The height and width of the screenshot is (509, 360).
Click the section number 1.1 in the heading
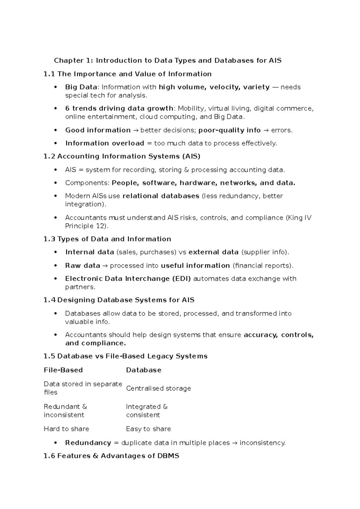pos(49,74)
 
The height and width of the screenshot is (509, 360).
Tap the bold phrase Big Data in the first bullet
pos(81,87)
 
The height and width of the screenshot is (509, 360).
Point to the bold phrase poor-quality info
pos(229,130)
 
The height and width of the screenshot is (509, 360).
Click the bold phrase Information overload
pos(105,143)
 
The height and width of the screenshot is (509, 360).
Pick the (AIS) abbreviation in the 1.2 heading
pos(191,156)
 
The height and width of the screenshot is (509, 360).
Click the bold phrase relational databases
pos(161,196)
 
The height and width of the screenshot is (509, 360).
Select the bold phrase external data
pos(213,252)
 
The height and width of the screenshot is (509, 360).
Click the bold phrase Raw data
pos(82,266)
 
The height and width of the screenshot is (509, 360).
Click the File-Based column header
pos(63,370)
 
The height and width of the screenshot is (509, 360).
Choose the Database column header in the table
pos(144,370)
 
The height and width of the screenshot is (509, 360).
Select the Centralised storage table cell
pos(158,388)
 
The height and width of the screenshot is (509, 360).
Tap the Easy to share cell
pos(148,429)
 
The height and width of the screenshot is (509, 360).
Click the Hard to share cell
pos(66,429)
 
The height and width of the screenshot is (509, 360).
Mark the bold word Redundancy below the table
pos(88,443)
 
